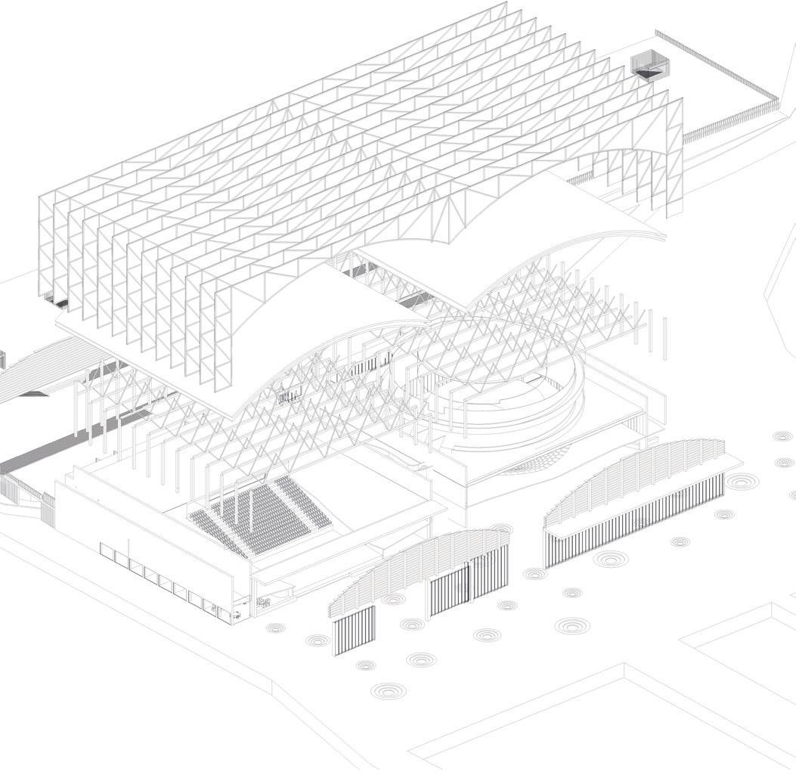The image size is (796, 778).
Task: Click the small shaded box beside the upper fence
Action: coord(648,64)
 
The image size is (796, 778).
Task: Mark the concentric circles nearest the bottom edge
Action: coord(387,690)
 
